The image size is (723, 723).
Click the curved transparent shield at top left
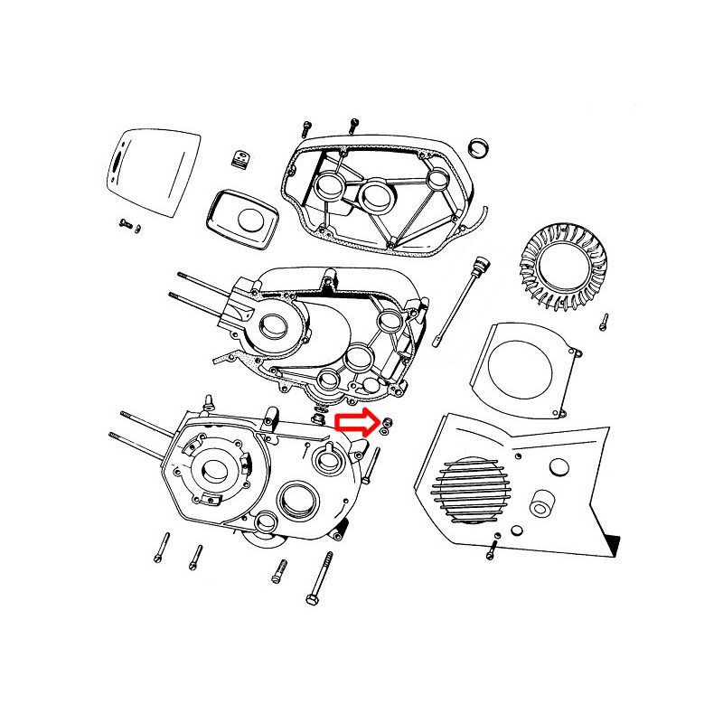pos(148,166)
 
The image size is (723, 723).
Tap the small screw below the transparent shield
pos(126,222)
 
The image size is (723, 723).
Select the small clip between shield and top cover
pos(240,160)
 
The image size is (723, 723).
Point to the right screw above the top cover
pos(352,123)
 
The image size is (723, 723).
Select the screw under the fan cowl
pos(493,549)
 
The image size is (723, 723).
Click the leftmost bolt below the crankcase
pos(161,546)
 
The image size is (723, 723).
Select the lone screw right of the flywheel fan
pos(604,321)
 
